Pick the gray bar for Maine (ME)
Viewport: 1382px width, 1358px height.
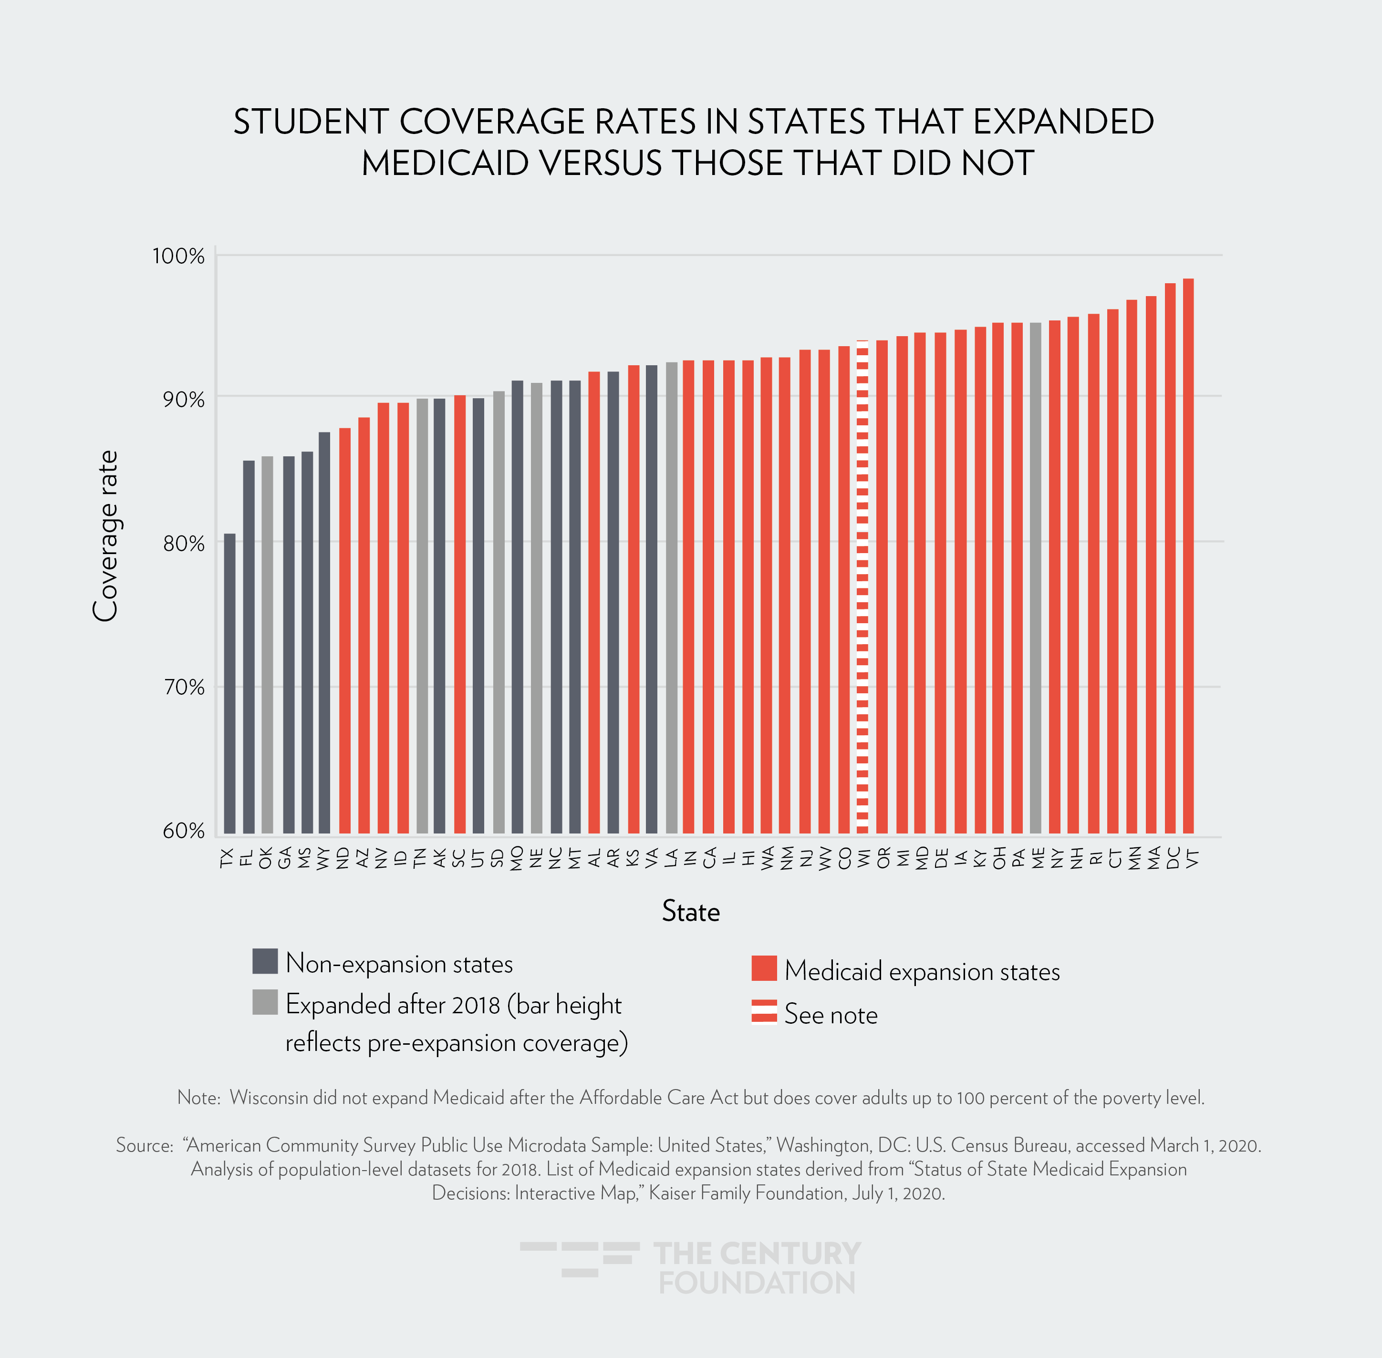tap(1035, 578)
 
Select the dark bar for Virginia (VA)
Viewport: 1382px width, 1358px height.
tap(651, 599)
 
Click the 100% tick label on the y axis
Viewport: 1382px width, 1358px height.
tap(178, 256)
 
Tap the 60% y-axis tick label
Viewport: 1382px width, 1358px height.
tap(183, 831)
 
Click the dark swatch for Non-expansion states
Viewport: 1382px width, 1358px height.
tap(265, 961)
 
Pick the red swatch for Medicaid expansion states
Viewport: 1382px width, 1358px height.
tap(763, 968)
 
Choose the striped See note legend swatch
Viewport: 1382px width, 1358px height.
tap(763, 1011)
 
